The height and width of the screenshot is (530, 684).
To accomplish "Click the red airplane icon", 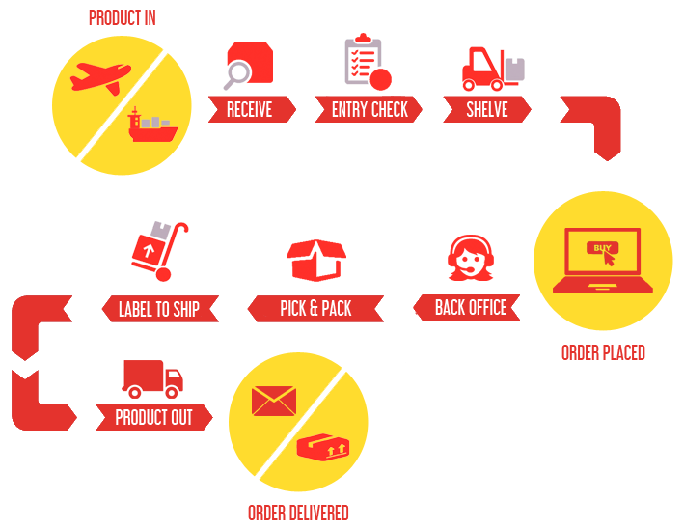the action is [x=100, y=77].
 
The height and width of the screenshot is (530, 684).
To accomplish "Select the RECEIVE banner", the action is [x=252, y=109].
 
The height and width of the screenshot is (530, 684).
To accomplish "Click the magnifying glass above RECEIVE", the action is [x=237, y=75].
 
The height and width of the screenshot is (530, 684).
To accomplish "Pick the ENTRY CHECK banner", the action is [x=369, y=109].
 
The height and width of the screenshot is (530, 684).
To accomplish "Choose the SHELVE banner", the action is [x=487, y=109].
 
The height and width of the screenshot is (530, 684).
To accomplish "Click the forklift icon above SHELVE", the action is [x=493, y=69].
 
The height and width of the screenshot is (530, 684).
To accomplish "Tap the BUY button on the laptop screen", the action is [x=602, y=248].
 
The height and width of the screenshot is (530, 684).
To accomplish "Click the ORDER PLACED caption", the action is [x=603, y=352].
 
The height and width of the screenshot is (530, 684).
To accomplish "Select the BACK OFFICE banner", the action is [x=467, y=308].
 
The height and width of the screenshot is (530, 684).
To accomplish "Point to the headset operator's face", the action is [x=470, y=262].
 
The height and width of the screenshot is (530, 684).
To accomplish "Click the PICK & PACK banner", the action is [x=315, y=309].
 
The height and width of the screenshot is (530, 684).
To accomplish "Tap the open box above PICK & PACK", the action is [x=316, y=260].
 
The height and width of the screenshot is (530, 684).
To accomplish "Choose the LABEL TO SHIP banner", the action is [x=160, y=309].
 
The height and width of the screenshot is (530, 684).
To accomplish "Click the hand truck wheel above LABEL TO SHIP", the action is [x=163, y=274].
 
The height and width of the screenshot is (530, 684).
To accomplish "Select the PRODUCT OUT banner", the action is [x=154, y=417].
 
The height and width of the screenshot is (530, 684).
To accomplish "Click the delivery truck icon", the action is [x=152, y=379].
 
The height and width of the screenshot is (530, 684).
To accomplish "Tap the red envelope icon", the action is [x=274, y=401].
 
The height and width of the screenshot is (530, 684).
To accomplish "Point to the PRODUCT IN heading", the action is [x=123, y=18].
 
